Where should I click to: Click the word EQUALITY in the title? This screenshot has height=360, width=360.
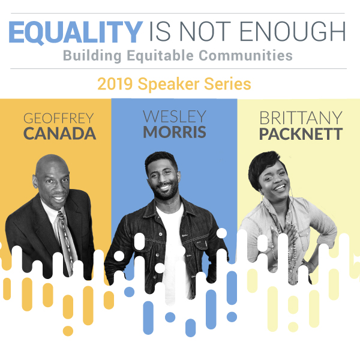[76, 32]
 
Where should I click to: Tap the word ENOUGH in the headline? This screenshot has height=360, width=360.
[293, 31]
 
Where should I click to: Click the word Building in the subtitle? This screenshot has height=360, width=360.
[92, 56]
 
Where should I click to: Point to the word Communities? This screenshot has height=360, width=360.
[245, 55]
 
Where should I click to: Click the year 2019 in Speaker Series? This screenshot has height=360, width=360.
[115, 84]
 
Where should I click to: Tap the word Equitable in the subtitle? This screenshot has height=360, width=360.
[160, 56]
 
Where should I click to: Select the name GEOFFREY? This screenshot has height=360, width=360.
[59, 118]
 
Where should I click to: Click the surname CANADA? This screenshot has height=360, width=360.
[59, 133]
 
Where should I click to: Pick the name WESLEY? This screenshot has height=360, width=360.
[175, 116]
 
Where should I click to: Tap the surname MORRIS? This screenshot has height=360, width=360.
[175, 132]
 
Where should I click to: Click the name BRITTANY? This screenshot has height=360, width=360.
[301, 118]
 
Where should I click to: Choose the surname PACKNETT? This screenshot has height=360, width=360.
[301, 134]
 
